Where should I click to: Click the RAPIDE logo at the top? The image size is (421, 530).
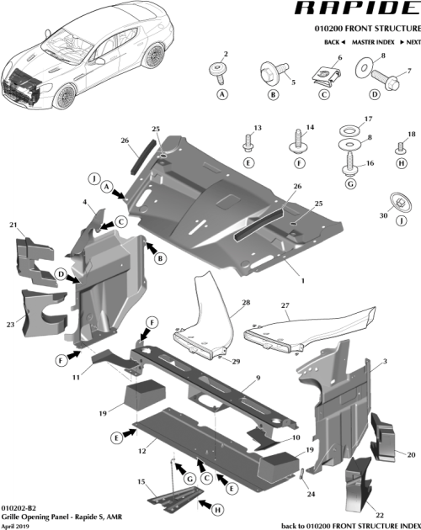pos(353,11)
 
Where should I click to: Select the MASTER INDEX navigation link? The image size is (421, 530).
pos(375,41)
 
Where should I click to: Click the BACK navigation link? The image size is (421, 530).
pos(335,41)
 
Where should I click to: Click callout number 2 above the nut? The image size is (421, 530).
pos(225,55)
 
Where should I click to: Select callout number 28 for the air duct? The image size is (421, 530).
pos(247,301)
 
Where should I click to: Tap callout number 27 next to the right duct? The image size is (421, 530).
pos(285,305)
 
